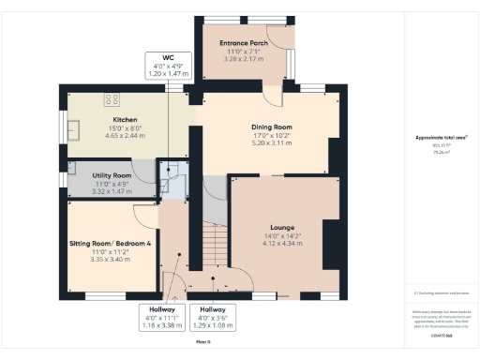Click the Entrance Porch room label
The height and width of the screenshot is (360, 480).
244,43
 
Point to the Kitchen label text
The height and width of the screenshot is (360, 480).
126,120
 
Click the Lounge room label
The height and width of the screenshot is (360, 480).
282,228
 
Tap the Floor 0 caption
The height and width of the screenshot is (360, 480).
203,342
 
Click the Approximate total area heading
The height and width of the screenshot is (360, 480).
440,138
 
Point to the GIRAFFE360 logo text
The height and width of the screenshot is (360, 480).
442,333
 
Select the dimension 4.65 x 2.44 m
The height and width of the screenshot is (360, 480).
126,136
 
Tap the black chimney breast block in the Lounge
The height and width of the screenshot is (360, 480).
331,244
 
